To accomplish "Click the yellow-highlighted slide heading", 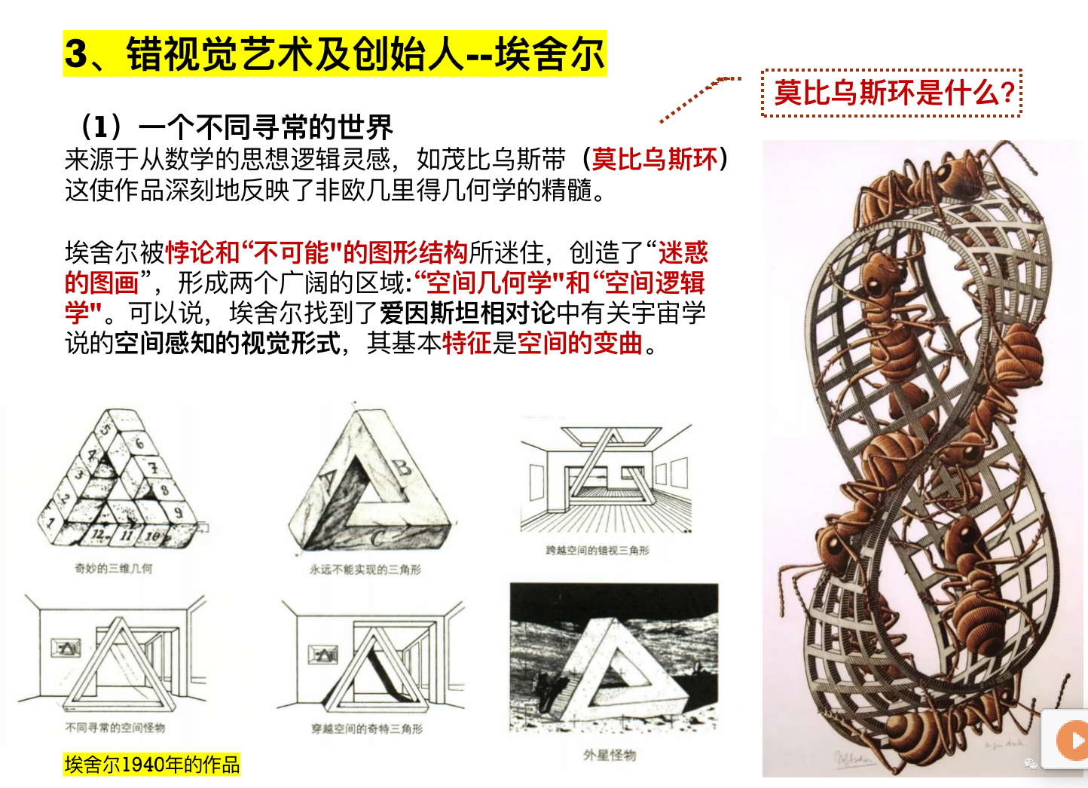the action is click(x=335, y=53).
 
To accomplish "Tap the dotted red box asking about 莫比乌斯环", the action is click(x=892, y=93).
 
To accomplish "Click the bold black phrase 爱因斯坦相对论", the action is click(x=467, y=313).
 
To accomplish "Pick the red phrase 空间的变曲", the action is click(x=580, y=343).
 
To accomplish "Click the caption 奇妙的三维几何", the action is click(x=113, y=568).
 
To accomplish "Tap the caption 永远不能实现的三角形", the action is click(x=365, y=569).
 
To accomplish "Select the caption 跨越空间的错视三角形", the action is click(x=597, y=550).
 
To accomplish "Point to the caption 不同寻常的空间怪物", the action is click(x=115, y=727).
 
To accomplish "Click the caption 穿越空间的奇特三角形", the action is click(x=367, y=728).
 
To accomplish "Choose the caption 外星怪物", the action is click(x=610, y=755).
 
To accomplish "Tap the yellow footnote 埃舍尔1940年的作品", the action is click(x=151, y=764).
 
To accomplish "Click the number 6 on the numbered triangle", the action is click(x=140, y=443).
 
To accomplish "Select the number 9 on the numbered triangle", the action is click(x=179, y=512).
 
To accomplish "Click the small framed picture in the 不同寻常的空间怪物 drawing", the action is click(x=66, y=648).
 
